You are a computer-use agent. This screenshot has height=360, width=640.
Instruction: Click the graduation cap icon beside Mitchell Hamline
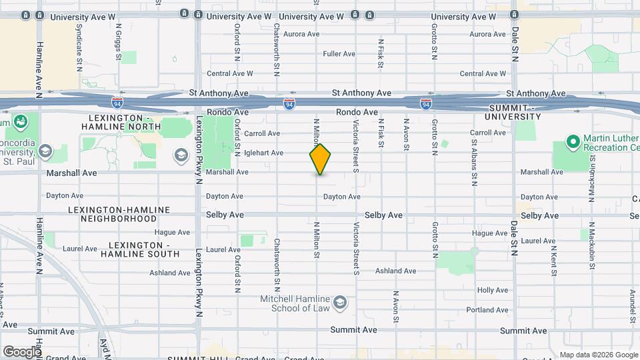[341, 303]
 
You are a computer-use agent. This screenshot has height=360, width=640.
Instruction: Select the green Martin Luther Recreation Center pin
[572, 142]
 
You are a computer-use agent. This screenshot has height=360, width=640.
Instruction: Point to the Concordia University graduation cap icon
[45, 151]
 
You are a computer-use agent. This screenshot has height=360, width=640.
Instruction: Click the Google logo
[21, 351]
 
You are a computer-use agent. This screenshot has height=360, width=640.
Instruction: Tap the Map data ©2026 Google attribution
[598, 355]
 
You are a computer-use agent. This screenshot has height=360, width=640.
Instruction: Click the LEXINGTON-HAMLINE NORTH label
[121, 121]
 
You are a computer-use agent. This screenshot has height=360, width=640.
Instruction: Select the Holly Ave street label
[493, 290]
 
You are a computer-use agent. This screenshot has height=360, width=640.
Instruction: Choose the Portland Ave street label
[487, 310]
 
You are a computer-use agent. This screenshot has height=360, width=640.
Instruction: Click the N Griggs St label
[119, 42]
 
